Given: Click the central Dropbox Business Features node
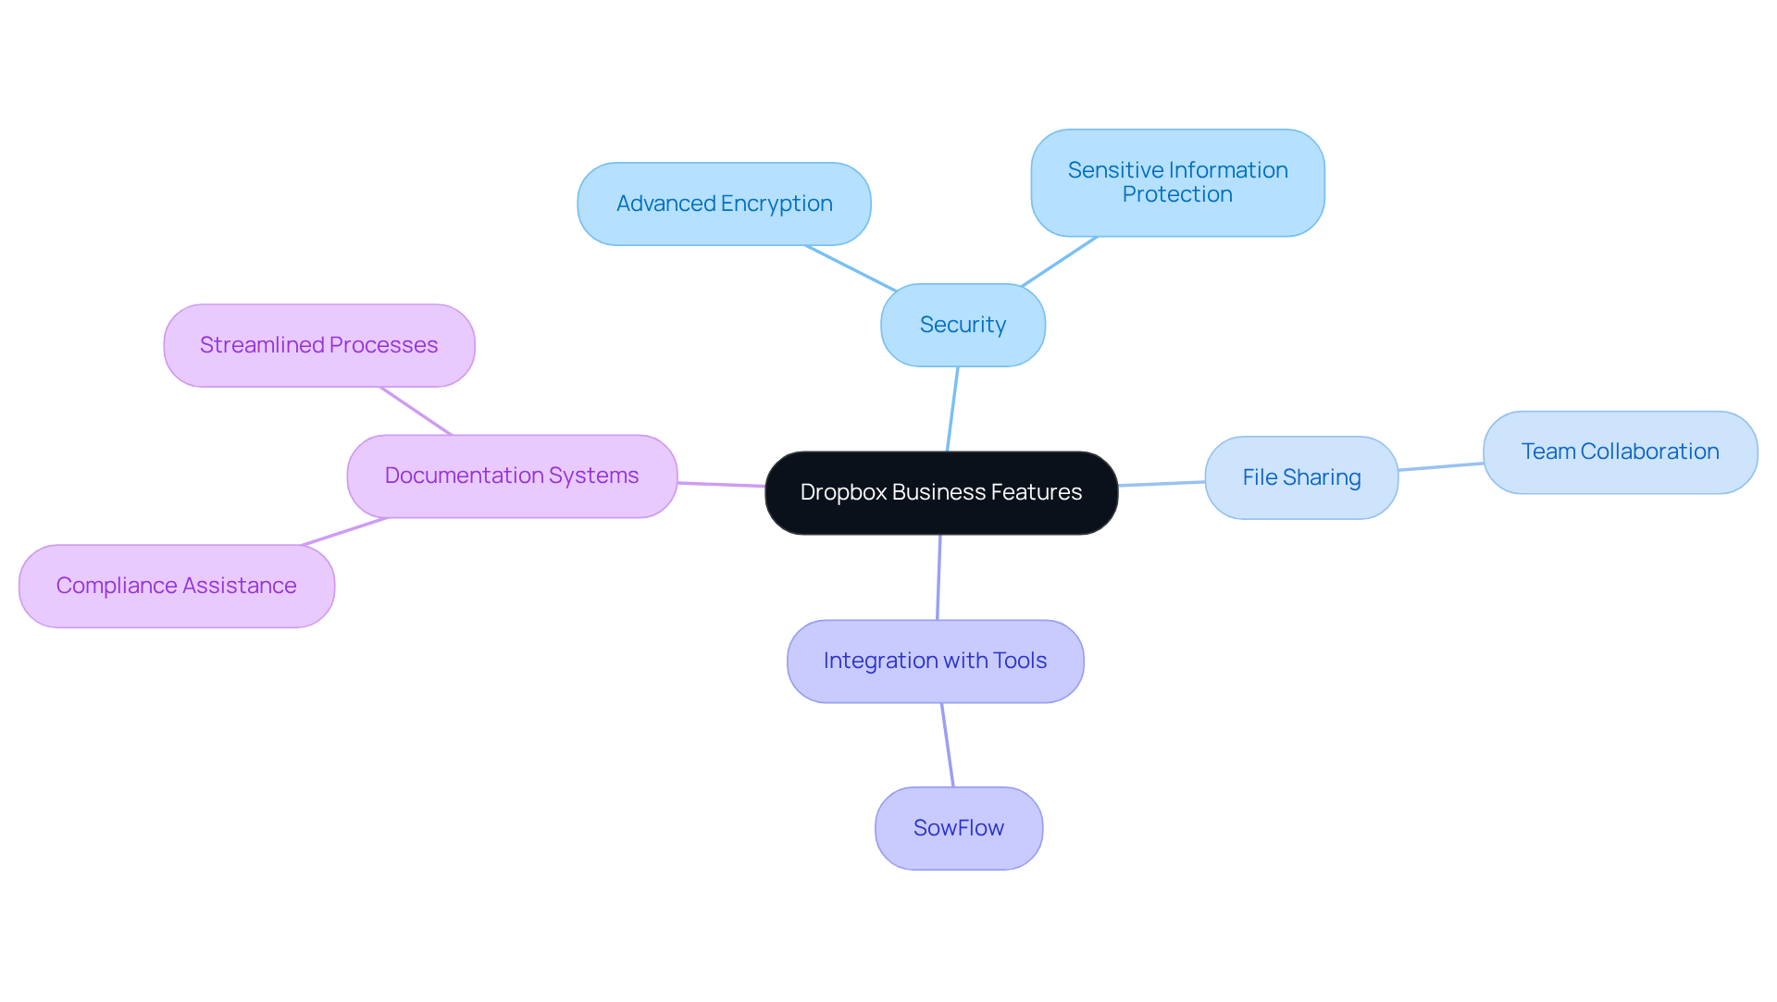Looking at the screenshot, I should pyautogui.click(x=941, y=493).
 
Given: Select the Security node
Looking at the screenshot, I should pyautogui.click(x=963, y=325).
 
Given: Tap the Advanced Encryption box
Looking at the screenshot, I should pyautogui.click(x=724, y=204).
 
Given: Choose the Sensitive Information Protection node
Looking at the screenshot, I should pyautogui.click(x=1177, y=182).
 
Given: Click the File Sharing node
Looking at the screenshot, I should pyautogui.click(x=1301, y=477).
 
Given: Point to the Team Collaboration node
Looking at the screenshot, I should pyautogui.click(x=1620, y=452).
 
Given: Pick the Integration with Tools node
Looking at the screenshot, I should pyautogui.click(x=935, y=661).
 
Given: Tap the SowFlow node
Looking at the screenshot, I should pyautogui.click(x=958, y=828).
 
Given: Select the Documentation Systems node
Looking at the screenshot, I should pyautogui.click(x=512, y=476).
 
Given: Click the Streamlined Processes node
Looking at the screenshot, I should pyautogui.click(x=319, y=345).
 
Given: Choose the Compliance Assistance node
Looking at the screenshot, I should pyautogui.click(x=176, y=586).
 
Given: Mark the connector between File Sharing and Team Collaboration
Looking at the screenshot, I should pyautogui.click(x=1441, y=466).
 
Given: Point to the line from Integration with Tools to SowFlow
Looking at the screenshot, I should pyautogui.click(x=948, y=745).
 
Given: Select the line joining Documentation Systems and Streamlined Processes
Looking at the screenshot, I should pyautogui.click(x=416, y=411).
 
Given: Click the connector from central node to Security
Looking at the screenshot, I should pyautogui.click(x=952, y=409).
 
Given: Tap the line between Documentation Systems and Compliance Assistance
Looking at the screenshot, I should pyautogui.click(x=344, y=531).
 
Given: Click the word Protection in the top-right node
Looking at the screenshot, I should pyautogui.click(x=1177, y=195).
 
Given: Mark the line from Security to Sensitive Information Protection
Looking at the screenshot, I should pyautogui.click(x=1060, y=261).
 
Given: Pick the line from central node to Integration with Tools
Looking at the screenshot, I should pyautogui.click(x=938, y=577).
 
